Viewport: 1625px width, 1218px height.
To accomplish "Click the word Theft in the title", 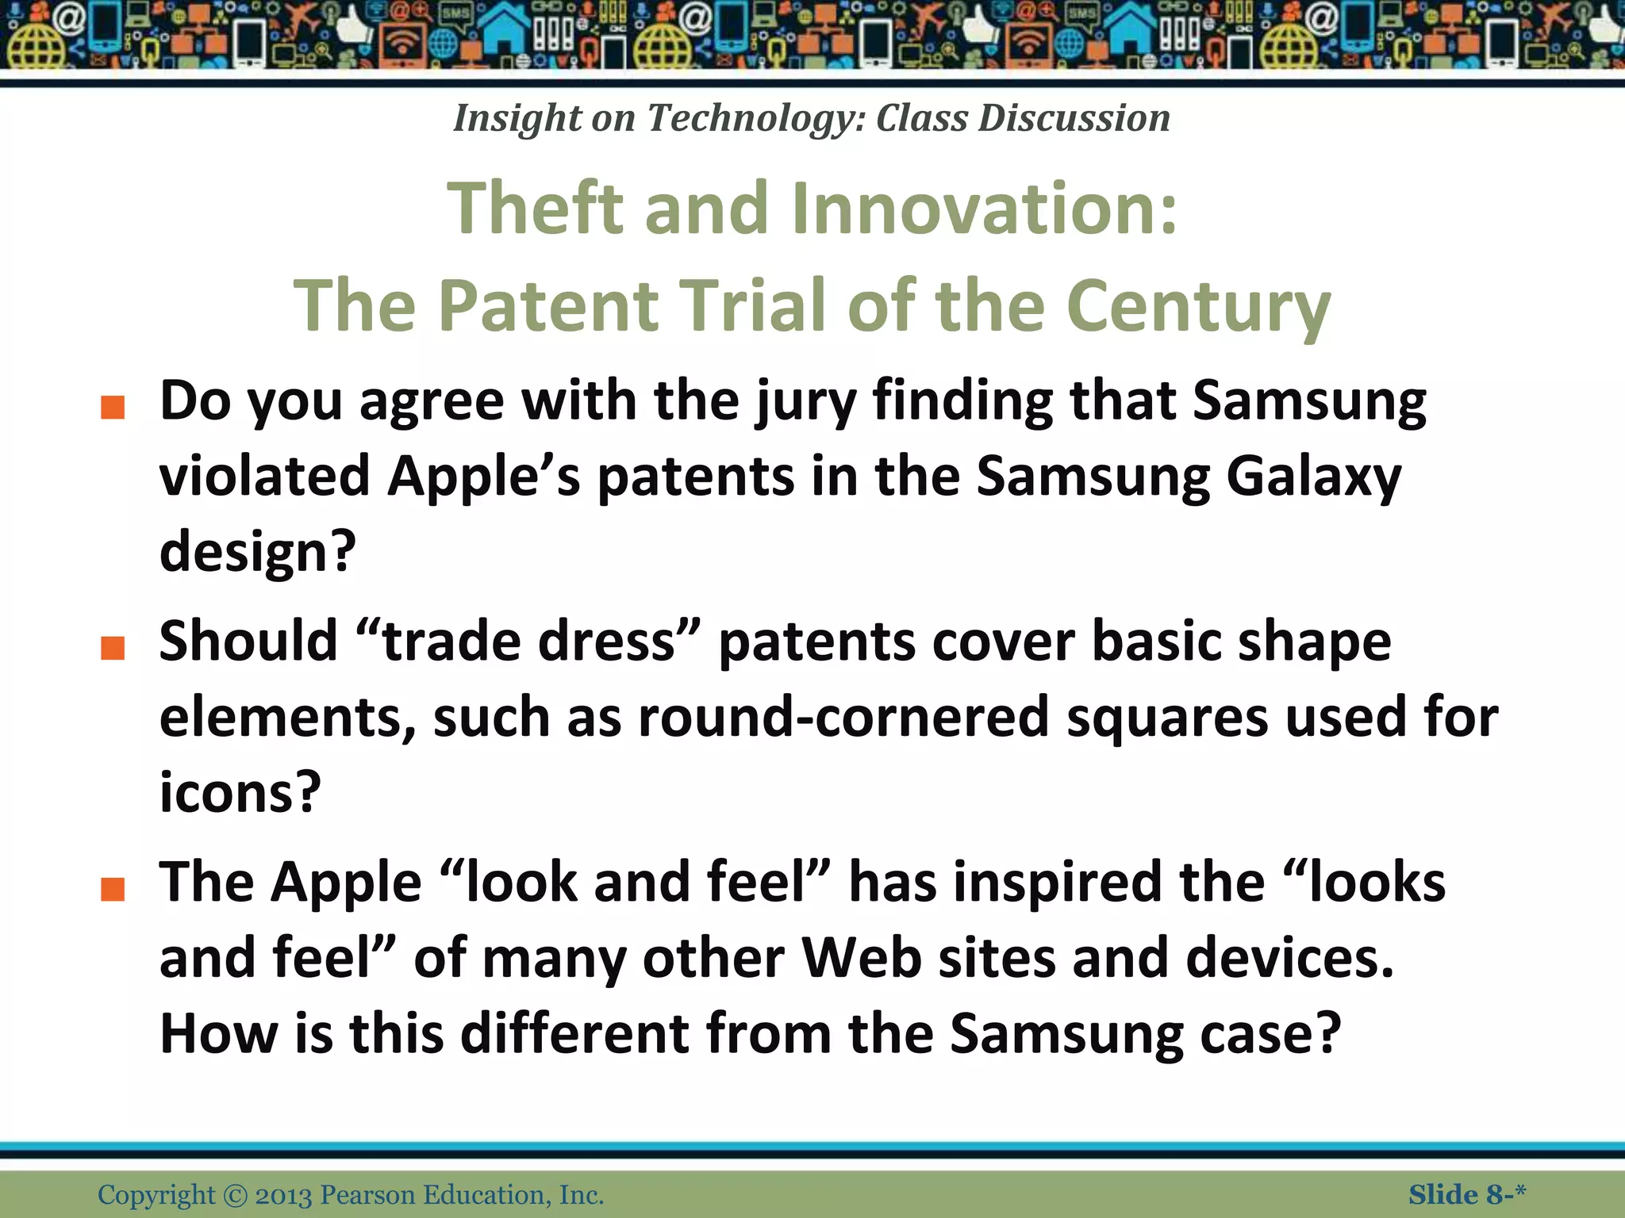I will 536,208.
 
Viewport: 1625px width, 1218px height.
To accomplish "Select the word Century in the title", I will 1198,307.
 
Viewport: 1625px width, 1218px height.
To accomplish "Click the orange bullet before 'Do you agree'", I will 113,408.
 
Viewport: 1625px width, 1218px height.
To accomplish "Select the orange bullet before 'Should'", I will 113,648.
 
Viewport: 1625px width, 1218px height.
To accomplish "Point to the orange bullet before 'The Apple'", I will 113,889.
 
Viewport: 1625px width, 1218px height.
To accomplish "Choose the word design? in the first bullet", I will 258,552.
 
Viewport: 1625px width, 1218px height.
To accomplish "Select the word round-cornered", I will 843,717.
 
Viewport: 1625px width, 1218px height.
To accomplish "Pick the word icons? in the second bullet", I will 240,792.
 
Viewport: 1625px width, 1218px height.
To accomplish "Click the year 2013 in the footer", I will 283,1195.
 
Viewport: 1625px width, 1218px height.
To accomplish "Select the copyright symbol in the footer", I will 236,1195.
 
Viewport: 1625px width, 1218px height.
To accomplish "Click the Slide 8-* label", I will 1466,1194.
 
